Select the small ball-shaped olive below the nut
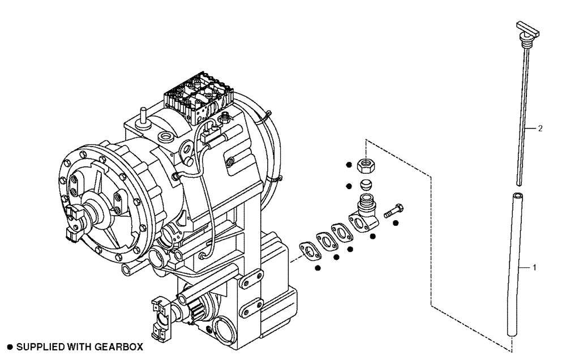tap(366, 185)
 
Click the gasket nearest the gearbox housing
tap(308, 250)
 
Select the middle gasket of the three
tap(326, 240)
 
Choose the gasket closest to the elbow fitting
tap(341, 231)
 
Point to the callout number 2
tap(540, 128)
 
